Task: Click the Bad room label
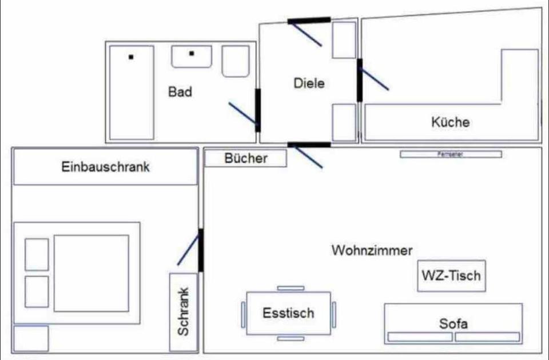180,91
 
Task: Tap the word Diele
309,83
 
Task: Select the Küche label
451,122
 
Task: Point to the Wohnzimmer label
372,250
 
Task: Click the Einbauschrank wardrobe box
105,167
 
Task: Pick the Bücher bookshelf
245,158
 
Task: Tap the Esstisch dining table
288,313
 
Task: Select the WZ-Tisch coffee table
451,275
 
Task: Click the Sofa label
453,324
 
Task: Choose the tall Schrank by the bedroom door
184,312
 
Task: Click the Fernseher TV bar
451,154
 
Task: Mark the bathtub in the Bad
132,93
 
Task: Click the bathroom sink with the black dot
192,56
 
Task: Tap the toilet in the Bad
236,62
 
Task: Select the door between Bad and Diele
258,110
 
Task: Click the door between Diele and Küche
360,80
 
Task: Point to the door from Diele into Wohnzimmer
309,145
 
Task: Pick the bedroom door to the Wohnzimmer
200,250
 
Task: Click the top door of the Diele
309,21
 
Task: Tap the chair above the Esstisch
291,288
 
